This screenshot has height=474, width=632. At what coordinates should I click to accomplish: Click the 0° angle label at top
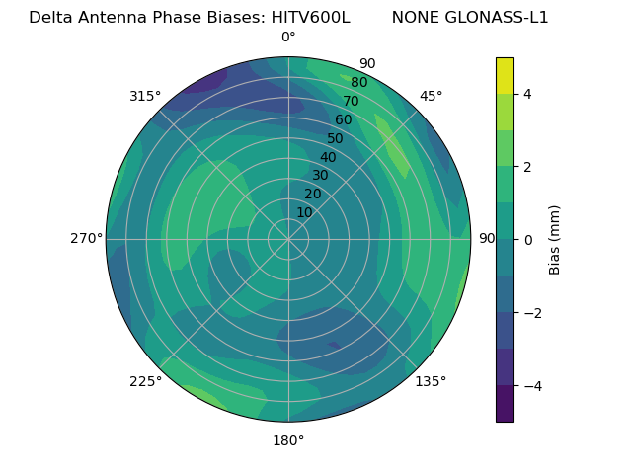click(288, 38)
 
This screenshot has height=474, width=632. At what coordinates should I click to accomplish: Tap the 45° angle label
click(431, 96)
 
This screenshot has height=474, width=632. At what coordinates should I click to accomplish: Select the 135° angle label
click(431, 381)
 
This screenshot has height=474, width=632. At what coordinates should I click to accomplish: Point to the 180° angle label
click(288, 440)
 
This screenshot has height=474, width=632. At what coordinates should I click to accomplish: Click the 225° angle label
click(145, 381)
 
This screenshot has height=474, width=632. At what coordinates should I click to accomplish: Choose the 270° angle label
click(87, 238)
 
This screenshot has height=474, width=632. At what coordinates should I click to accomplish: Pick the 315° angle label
click(145, 96)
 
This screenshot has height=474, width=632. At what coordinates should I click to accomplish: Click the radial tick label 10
click(304, 212)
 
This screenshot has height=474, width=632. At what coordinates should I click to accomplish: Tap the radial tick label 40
click(328, 157)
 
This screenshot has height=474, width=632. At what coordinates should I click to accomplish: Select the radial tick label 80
click(359, 82)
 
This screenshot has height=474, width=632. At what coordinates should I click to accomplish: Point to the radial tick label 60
click(344, 119)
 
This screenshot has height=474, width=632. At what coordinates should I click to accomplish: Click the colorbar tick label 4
click(527, 94)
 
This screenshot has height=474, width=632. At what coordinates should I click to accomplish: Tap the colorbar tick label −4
click(531, 385)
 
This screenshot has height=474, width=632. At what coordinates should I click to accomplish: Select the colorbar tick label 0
click(527, 239)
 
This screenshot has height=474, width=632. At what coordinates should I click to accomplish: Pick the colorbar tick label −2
click(531, 313)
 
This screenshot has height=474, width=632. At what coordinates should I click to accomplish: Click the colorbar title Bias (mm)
click(555, 239)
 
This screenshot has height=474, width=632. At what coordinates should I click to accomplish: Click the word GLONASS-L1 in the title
click(470, 18)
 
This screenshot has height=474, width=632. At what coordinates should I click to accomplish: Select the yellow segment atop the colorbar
click(505, 75)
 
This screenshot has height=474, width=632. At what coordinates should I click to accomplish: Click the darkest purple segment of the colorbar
click(505, 403)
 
